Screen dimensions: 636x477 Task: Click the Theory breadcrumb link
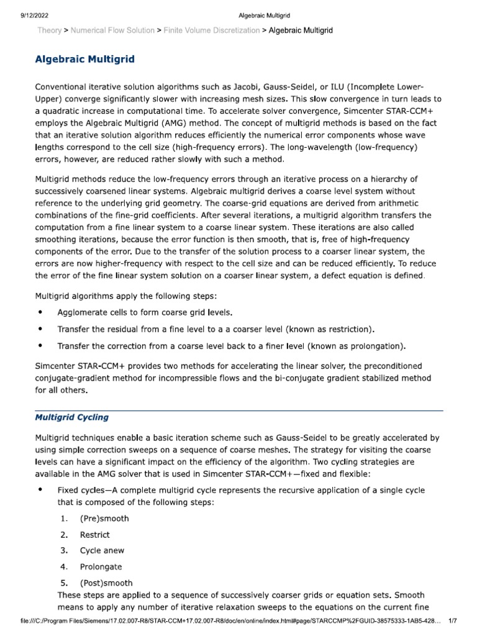tap(49, 30)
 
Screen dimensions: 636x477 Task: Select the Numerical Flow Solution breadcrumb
tap(112, 30)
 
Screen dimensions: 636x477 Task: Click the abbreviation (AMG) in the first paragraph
tap(188, 123)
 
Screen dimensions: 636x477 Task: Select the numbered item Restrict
tap(94, 535)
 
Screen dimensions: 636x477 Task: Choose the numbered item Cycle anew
tap(102, 551)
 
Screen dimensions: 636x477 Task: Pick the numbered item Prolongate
tap(101, 567)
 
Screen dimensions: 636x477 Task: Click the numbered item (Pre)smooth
tap(104, 519)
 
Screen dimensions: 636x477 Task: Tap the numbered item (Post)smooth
tap(106, 583)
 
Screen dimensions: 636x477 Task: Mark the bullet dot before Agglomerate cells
tap(41, 311)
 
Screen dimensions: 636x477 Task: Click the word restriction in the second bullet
tap(350, 329)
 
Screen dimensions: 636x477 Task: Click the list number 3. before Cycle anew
tap(64, 551)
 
